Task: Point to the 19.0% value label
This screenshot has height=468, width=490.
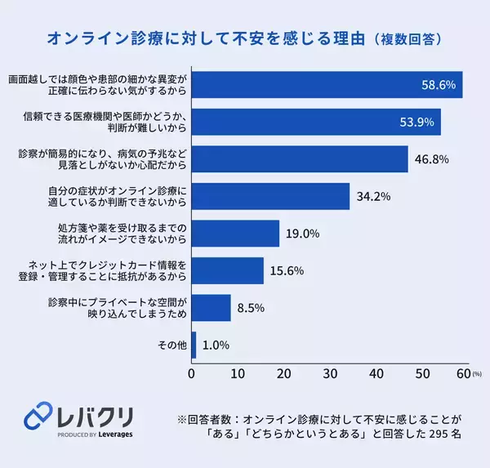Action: click(x=302, y=234)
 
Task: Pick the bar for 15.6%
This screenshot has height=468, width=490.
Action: click(x=228, y=270)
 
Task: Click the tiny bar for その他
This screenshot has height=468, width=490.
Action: click(x=194, y=345)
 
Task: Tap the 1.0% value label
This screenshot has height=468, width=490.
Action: click(x=215, y=345)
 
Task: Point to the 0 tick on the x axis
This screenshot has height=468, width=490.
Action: click(x=192, y=373)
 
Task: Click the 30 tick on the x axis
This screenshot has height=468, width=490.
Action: click(x=330, y=373)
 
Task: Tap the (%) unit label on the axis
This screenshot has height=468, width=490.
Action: click(x=478, y=374)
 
